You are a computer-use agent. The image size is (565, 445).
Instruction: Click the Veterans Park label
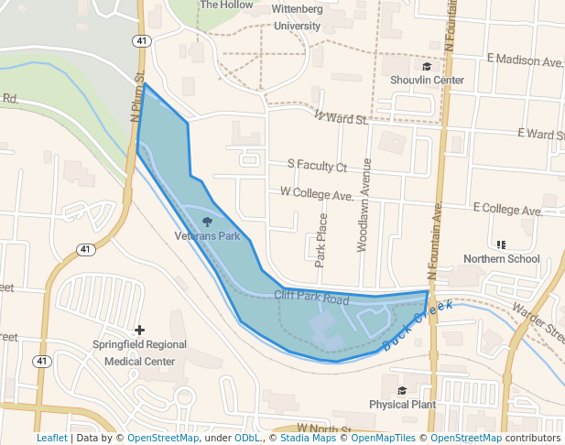coord(207,236)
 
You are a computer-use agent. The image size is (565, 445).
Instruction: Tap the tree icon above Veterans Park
coord(207,222)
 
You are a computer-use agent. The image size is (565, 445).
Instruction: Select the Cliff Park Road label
coord(311,298)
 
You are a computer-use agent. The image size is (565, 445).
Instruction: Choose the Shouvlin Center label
coord(427,81)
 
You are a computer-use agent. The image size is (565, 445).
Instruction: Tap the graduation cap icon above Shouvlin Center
coord(427,67)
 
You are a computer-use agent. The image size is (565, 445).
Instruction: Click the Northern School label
coord(501,259)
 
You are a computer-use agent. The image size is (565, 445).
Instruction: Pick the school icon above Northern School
coord(501,244)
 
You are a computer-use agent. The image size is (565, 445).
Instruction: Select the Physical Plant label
coord(401,404)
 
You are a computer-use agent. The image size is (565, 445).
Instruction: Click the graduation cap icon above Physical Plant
coord(401,390)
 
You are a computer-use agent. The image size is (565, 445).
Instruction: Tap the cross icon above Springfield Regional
coord(139,330)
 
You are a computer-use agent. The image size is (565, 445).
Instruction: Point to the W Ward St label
coord(339,117)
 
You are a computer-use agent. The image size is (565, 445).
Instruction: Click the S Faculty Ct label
coord(317,167)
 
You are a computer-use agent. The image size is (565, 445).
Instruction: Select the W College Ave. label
coord(317,194)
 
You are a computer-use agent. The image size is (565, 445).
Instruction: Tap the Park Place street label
coord(321,240)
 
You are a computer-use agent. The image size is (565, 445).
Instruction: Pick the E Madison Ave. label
coord(525,60)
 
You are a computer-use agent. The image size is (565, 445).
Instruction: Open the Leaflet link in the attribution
coord(51,438)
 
